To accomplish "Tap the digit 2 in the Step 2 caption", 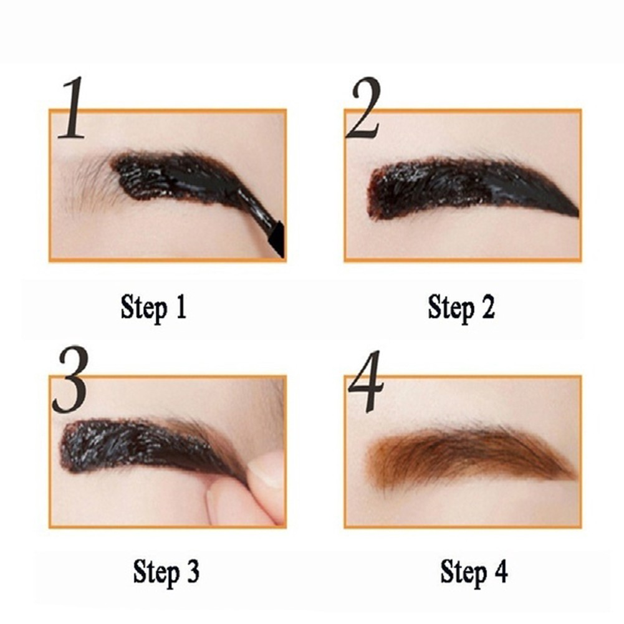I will click(x=487, y=307).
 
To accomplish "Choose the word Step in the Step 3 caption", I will click(x=155, y=571).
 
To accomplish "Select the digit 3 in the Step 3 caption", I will click(x=193, y=570).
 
